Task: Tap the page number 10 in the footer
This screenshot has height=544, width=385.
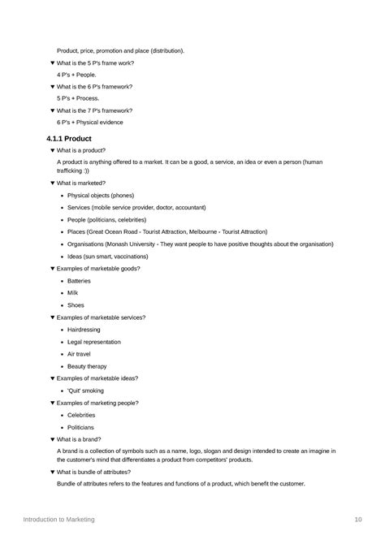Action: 358,519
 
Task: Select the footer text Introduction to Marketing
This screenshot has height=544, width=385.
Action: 58,519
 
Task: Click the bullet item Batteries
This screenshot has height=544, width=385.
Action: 80,281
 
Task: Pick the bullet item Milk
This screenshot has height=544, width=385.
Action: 73,293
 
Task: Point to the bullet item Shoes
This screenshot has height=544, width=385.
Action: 76,305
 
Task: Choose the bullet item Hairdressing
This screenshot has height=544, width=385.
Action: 84,330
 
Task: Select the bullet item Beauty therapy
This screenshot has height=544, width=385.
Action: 87,366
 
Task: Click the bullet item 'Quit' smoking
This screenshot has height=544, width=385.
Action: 85,391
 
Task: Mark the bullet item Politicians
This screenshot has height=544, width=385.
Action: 80,427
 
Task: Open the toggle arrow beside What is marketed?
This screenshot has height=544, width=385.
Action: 53,183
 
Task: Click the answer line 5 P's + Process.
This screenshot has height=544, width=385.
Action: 78,98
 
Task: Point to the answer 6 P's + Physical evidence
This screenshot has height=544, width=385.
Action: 90,123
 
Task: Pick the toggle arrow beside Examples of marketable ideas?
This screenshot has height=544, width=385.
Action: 53,378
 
